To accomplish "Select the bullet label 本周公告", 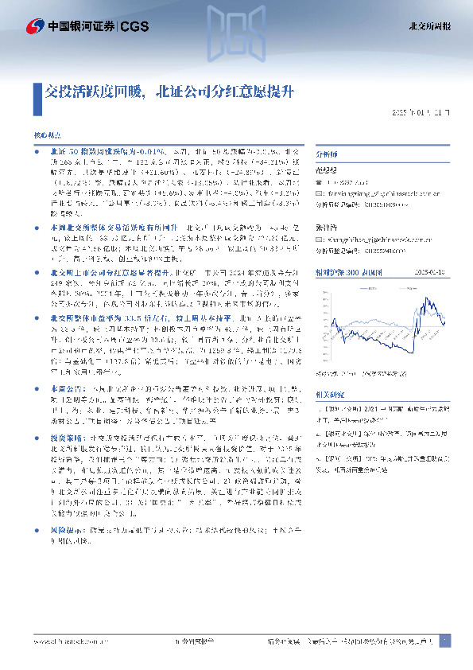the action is click(66, 388).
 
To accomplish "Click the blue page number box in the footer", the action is click(445, 640).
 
